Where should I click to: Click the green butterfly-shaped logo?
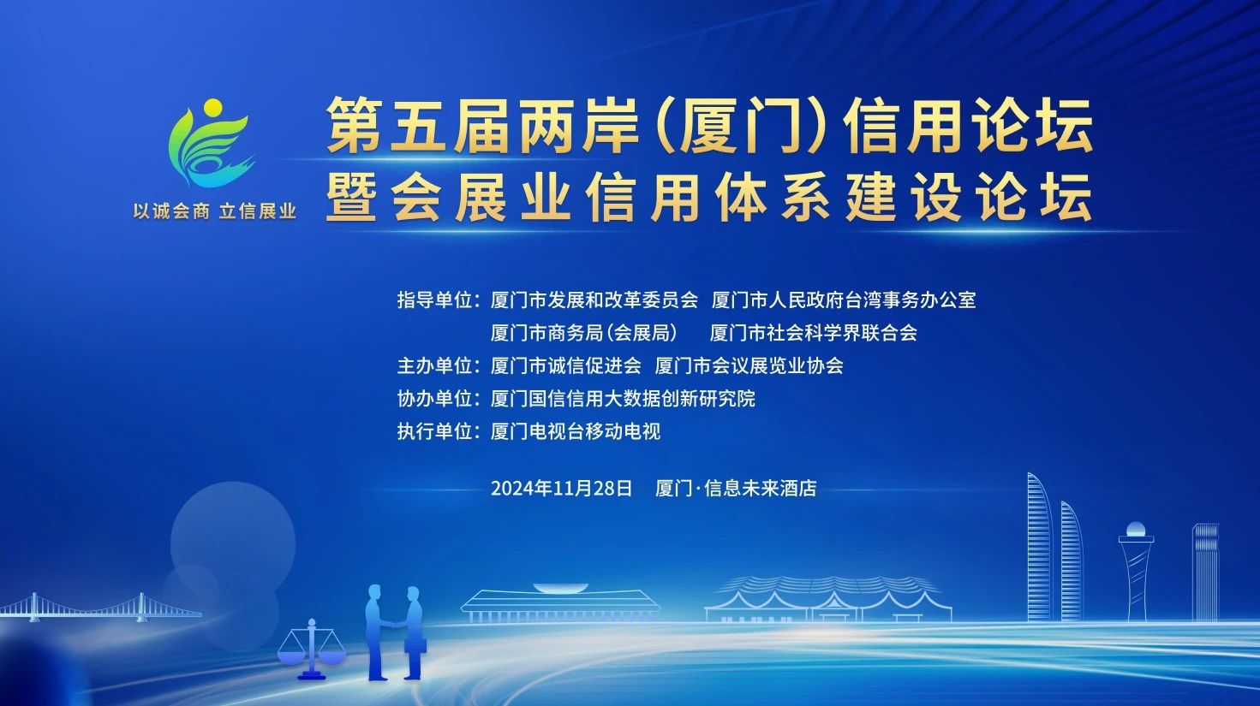point(211,143)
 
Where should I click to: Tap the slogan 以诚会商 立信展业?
point(214,211)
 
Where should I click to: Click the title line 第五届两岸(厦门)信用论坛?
point(709,125)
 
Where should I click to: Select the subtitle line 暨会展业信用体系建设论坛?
point(709,197)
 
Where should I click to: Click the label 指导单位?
point(434,300)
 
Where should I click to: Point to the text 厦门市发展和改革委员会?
point(594,300)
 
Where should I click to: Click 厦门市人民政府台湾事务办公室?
point(843,300)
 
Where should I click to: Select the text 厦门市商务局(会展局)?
point(584,333)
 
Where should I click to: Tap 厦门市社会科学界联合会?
point(814,333)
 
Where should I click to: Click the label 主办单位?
point(434,366)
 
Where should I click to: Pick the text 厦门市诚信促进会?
point(565,366)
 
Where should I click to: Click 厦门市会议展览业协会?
point(749,366)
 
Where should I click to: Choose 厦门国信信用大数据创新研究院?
point(623,399)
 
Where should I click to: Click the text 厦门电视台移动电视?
point(575,431)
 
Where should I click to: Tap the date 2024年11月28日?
point(561,488)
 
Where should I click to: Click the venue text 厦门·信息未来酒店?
point(736,488)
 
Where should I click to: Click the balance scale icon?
point(312,649)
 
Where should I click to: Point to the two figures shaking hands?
point(396,632)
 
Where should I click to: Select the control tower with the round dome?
point(1136,571)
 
